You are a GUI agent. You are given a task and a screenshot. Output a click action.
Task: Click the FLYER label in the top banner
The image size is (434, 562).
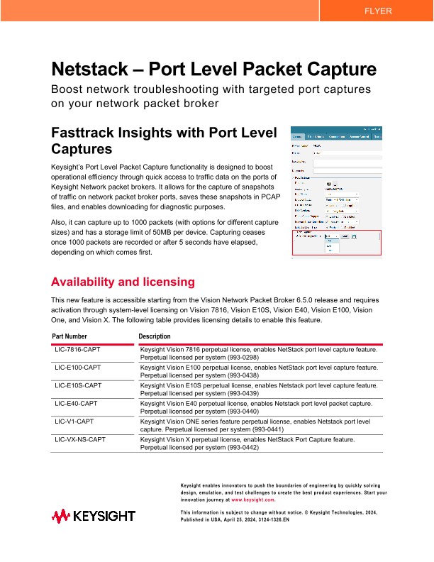tap(377, 11)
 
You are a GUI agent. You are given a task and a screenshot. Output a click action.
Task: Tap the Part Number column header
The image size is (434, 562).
tap(70, 336)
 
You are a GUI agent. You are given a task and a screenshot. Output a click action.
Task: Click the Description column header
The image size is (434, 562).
tap(155, 336)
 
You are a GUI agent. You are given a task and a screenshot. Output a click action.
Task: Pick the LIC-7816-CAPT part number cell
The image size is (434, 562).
tap(78, 349)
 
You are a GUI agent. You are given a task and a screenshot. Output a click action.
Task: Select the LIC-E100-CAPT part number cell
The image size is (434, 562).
tap(78, 368)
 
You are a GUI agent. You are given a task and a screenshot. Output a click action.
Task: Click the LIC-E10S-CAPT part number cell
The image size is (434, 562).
tap(78, 385)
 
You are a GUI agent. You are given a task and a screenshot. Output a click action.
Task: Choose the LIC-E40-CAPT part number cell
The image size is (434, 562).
tap(77, 403)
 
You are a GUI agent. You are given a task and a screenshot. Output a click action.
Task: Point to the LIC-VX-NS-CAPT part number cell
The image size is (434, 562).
tap(80, 439)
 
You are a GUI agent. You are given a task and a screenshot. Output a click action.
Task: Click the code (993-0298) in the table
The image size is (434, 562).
tap(241, 358)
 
